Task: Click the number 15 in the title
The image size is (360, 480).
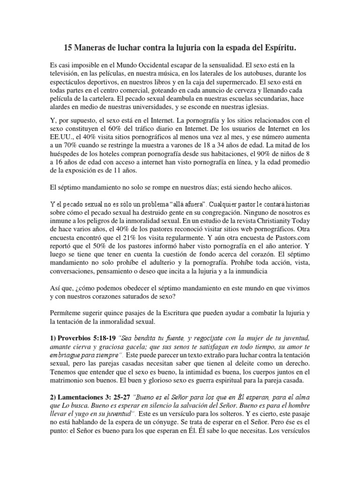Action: tap(67, 48)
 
